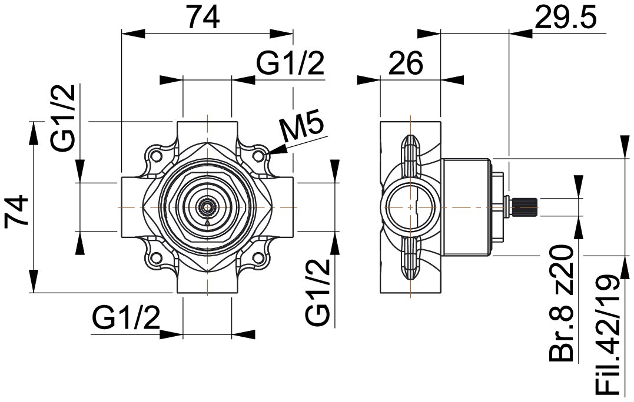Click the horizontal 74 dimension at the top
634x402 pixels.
(x=204, y=18)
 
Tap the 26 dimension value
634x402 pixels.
(x=406, y=63)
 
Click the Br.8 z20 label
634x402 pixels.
(x=562, y=303)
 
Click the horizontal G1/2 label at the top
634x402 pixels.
(x=291, y=62)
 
